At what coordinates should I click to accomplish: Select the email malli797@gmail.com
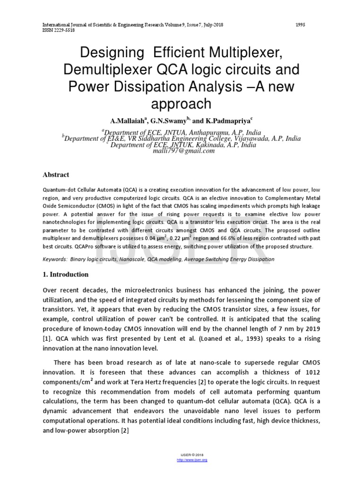[x=181, y=150]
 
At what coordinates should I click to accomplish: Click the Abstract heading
[x=56, y=175]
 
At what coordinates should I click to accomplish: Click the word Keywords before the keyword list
[x=54, y=259]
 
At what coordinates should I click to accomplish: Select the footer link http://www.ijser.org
[x=192, y=459]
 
